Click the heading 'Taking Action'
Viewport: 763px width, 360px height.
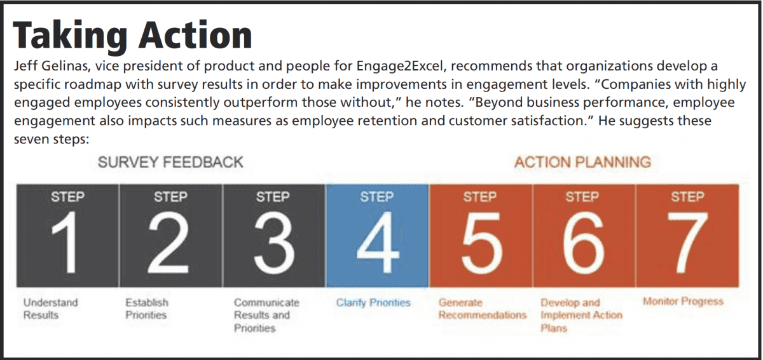[132, 36]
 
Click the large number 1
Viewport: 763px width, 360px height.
[66, 243]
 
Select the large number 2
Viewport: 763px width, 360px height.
[168, 243]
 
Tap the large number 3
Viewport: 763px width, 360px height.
[274, 243]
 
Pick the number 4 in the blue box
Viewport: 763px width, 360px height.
[378, 243]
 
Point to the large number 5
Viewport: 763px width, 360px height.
[482, 243]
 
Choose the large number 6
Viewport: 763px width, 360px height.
[583, 243]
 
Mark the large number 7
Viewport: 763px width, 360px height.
[687, 243]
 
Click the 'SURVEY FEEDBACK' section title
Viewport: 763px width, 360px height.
[170, 163]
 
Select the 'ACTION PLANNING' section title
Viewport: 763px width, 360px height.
[583, 163]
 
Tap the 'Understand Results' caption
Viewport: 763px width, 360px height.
[50, 309]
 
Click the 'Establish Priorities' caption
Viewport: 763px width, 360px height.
[146, 309]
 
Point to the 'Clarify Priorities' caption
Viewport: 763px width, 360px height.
[373, 302]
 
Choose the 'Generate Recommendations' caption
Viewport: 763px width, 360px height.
[483, 309]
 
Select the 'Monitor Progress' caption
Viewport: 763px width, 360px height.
[683, 301]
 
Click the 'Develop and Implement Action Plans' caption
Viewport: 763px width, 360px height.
[581, 315]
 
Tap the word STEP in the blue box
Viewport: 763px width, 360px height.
[377, 197]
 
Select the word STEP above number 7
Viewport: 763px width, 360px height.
[688, 197]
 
